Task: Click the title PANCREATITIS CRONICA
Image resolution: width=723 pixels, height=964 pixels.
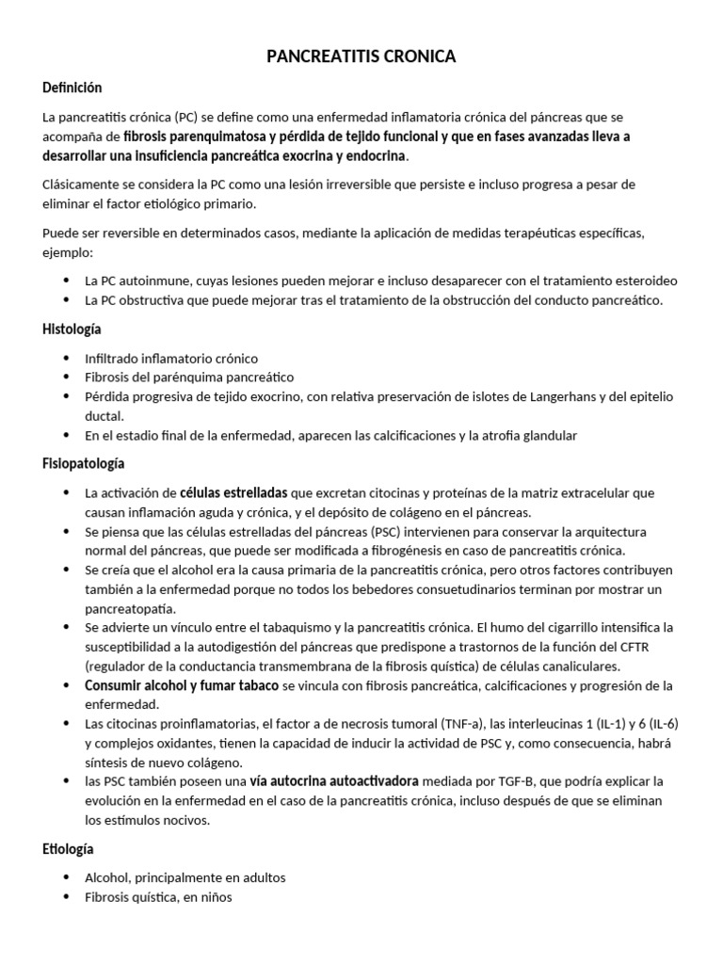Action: (361, 57)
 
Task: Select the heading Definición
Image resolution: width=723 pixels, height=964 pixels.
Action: (72, 88)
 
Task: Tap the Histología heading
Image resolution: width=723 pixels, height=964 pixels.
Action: (72, 329)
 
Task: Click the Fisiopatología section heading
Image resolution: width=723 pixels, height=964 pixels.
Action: (83, 463)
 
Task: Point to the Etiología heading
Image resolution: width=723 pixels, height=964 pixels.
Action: (69, 849)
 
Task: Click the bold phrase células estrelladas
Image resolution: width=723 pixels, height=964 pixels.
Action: (233, 492)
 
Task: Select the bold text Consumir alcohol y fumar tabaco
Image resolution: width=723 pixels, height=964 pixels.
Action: (181, 684)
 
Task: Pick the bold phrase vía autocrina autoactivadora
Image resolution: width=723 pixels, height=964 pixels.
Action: (334, 780)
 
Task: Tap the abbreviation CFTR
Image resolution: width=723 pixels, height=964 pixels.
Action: (644, 646)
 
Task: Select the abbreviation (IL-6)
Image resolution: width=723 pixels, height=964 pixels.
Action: (659, 723)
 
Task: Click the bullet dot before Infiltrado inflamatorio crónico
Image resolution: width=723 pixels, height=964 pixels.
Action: (66, 359)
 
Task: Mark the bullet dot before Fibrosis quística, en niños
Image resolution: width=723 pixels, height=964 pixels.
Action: (66, 897)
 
